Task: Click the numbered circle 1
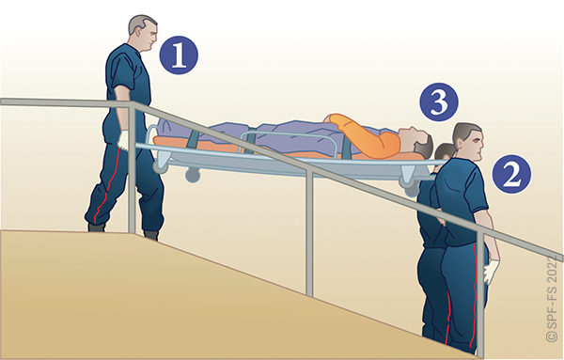tap(179, 55)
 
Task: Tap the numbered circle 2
tap(511, 175)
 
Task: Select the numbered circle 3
tap(439, 102)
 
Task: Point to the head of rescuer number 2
tap(468, 141)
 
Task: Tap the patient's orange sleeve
tap(363, 134)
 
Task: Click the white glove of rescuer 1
tap(123, 141)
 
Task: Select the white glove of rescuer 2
tap(491, 273)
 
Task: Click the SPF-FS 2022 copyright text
tap(554, 299)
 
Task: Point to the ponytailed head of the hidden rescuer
tap(444, 153)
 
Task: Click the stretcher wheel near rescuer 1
tap(193, 176)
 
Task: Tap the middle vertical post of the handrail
tap(309, 233)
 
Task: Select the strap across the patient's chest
tap(348, 147)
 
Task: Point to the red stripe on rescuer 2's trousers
tap(475, 288)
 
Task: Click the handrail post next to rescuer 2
tap(479, 295)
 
